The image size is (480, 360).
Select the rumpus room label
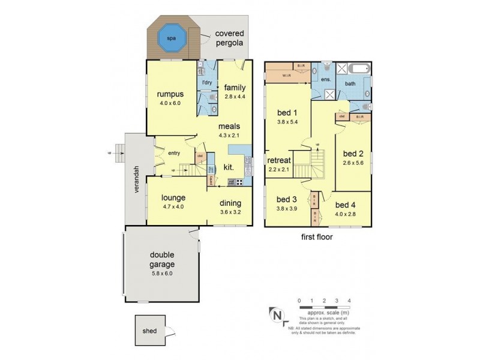click(170, 94)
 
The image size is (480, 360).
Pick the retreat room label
click(280, 160)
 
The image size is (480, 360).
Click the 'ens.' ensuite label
click(327, 79)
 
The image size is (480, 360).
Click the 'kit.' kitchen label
click(229, 167)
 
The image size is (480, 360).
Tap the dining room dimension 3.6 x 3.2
click(230, 211)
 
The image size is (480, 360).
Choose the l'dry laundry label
click(208, 82)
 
